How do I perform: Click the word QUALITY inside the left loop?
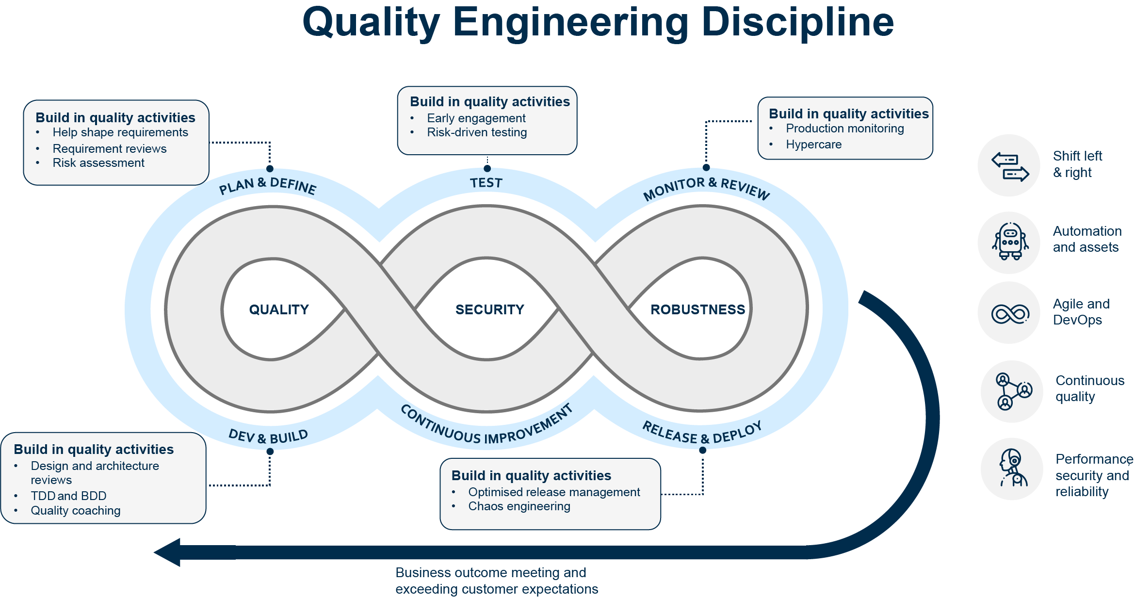click(x=278, y=309)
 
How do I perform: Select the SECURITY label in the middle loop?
click(x=489, y=309)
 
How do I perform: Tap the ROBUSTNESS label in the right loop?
click(x=697, y=309)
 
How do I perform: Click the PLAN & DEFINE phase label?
click(x=267, y=186)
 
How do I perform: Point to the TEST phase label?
click(x=486, y=183)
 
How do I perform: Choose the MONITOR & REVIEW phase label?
click(x=706, y=188)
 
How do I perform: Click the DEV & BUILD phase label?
click(x=268, y=436)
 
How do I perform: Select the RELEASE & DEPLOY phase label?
click(x=702, y=433)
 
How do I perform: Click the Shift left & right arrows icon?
click(x=1009, y=166)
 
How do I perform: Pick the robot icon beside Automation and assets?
click(x=1010, y=242)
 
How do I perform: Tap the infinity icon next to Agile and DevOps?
click(x=1010, y=314)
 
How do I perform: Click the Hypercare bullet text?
click(x=813, y=145)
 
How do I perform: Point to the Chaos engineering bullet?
click(x=519, y=506)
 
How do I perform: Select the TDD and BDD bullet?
click(x=68, y=496)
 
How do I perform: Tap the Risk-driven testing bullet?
click(x=477, y=132)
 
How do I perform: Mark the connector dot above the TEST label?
click(x=487, y=168)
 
